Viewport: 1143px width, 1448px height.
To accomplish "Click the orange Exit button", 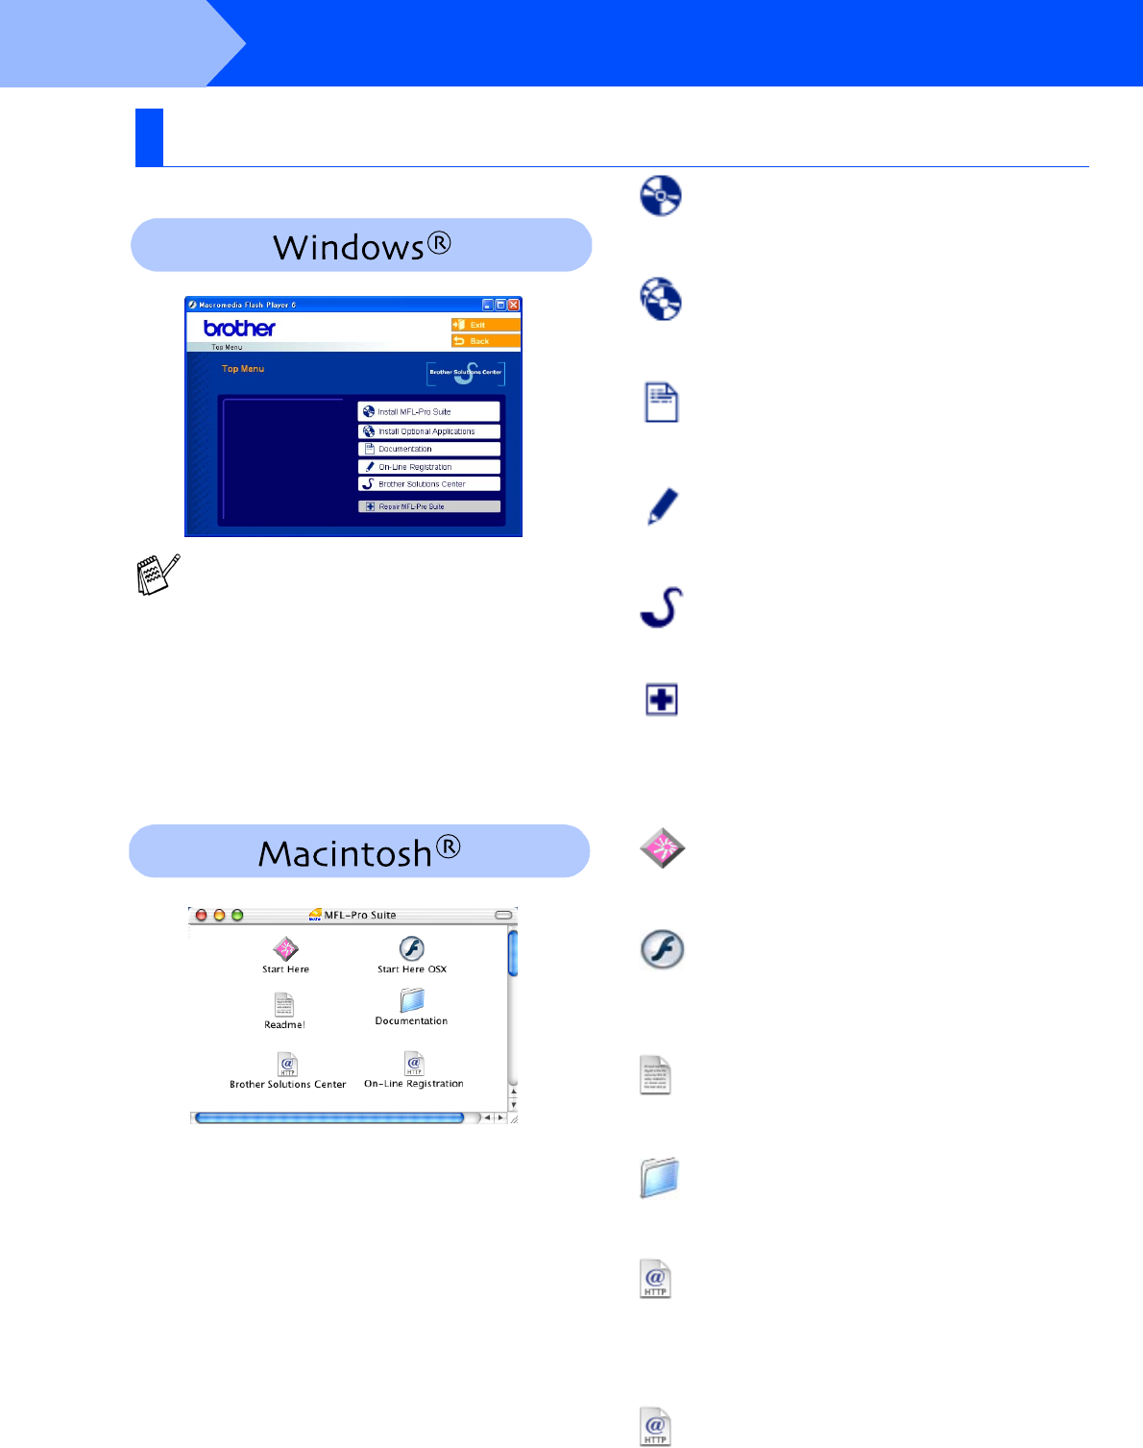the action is point(485,325).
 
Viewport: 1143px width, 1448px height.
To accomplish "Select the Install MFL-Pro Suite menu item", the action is point(428,411).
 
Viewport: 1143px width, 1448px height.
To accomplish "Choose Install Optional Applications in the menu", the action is point(428,431).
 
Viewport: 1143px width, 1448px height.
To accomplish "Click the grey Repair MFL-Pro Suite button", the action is point(428,506).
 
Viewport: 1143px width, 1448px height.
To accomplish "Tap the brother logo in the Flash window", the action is point(239,328).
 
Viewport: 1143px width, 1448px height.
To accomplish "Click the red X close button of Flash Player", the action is point(514,305).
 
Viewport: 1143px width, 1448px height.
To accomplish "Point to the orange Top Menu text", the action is point(243,369).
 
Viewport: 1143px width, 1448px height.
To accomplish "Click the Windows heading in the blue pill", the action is point(361,246).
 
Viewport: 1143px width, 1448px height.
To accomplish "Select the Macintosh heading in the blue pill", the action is point(359,852).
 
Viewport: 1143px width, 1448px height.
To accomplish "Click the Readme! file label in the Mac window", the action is point(284,1024).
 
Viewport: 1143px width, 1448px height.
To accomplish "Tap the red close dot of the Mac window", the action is point(202,915).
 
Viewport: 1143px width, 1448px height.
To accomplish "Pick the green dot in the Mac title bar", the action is point(237,915).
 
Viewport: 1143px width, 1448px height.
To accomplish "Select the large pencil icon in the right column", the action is point(662,506).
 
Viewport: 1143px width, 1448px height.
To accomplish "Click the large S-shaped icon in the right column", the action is point(662,607).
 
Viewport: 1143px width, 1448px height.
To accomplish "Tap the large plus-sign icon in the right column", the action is point(662,699).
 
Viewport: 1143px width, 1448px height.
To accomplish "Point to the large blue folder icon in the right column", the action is point(660,1177).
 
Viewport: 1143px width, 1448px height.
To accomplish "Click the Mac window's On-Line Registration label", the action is point(414,1084).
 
